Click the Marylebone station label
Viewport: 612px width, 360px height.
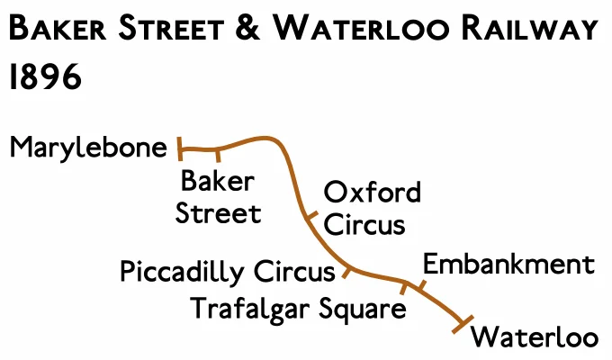88,148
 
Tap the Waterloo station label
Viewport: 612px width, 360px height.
535,338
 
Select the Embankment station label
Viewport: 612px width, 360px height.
508,265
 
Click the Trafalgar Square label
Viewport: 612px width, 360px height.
298,310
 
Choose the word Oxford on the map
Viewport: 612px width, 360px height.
373,193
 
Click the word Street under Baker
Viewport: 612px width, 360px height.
218,214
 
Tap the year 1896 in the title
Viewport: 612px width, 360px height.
45,78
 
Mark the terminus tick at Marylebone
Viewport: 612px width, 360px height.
179,147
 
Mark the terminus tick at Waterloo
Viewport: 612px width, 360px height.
465,323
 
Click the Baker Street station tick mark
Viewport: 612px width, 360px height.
218,155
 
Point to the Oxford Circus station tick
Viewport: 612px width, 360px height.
311,218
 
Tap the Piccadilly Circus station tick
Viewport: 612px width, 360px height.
346,270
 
